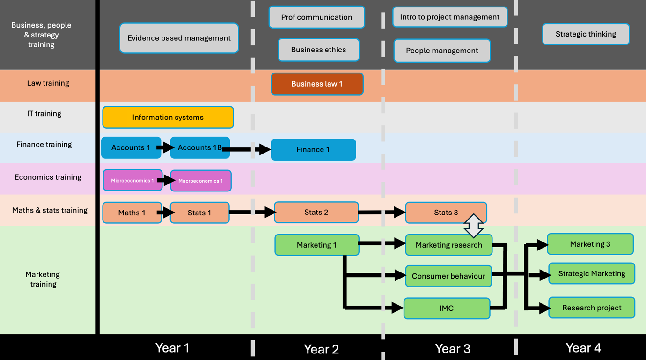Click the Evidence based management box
[x=179, y=38]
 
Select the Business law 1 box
[x=317, y=84]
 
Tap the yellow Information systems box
[x=168, y=118]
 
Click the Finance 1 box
[x=313, y=150]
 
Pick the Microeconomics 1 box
[x=132, y=181]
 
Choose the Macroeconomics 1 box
[x=200, y=181]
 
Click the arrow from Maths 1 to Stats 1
[x=166, y=213]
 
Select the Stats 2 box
[x=316, y=213]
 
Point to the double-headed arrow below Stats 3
[x=474, y=226]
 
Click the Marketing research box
[x=448, y=245]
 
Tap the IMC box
[x=446, y=309]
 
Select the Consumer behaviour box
[x=448, y=276]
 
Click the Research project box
[x=591, y=308]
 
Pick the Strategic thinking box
[x=585, y=34]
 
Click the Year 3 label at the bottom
[x=452, y=349]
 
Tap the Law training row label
[x=48, y=83]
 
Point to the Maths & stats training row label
[x=50, y=211]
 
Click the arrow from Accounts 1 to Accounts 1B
[x=165, y=147]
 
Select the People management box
[x=441, y=51]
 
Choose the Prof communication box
[x=316, y=17]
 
